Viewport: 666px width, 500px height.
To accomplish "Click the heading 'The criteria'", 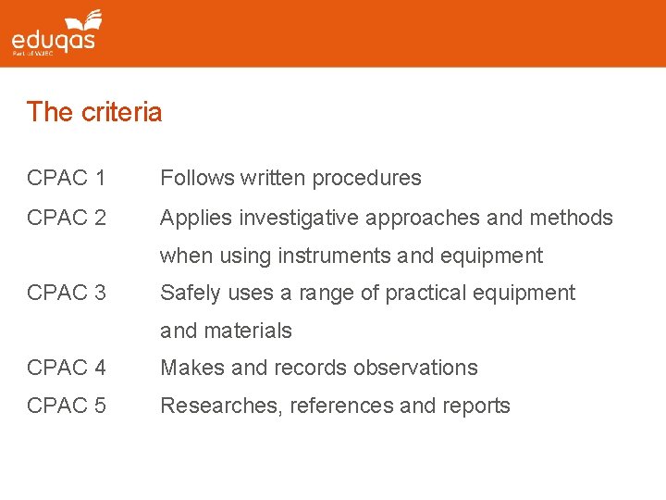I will pos(94,112).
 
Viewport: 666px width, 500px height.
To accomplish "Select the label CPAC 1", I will pos(67,178).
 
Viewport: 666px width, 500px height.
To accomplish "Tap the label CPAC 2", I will pos(67,218).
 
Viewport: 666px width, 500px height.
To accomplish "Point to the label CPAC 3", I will pos(67,293).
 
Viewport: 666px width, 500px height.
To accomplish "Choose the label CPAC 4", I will pos(67,368).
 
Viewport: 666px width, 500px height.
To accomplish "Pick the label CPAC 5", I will pos(67,406).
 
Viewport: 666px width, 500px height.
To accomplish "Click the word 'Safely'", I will pos(191,294).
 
